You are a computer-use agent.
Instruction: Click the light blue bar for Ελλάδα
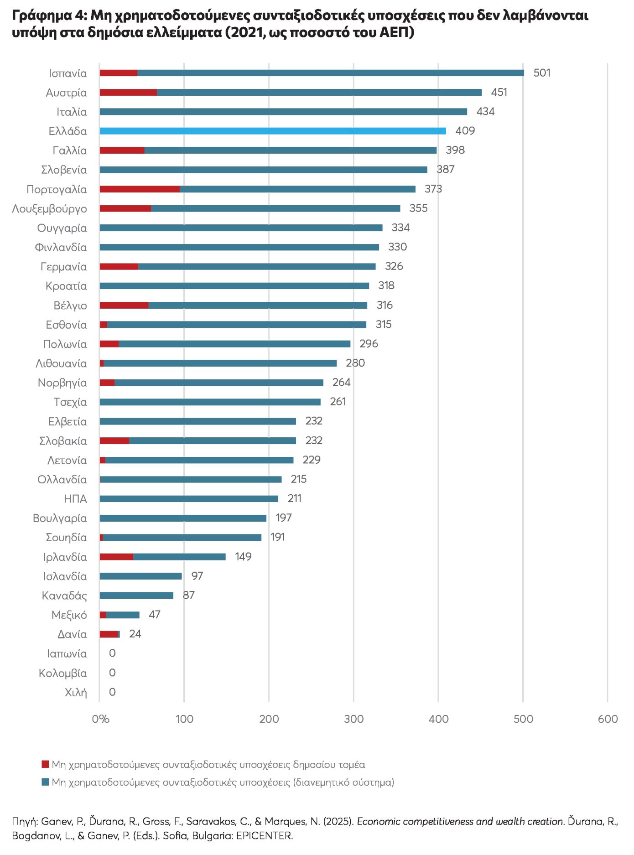(x=273, y=131)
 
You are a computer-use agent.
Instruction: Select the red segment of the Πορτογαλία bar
(x=140, y=189)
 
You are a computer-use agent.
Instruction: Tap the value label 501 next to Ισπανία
(x=542, y=73)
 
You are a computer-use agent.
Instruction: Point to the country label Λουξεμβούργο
(x=49, y=209)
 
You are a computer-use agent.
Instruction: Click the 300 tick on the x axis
(x=353, y=719)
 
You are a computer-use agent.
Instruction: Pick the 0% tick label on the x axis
(x=100, y=719)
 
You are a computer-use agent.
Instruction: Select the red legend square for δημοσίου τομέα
(x=45, y=764)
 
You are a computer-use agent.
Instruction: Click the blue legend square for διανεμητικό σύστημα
(x=45, y=782)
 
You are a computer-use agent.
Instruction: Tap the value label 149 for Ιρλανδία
(x=243, y=557)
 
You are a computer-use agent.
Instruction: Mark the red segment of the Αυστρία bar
(x=128, y=93)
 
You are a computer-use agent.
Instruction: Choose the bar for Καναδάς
(x=136, y=596)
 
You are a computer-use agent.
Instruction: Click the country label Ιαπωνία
(x=67, y=653)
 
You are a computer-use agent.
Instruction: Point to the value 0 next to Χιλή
(x=112, y=692)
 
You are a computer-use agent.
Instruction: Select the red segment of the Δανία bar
(x=109, y=634)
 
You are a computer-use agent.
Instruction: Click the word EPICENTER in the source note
(x=264, y=836)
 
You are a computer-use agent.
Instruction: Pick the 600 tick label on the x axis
(x=608, y=719)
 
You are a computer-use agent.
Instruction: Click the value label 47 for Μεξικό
(x=155, y=615)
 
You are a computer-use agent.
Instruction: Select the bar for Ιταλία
(x=283, y=112)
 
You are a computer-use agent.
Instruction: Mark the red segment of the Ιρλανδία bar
(x=116, y=557)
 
